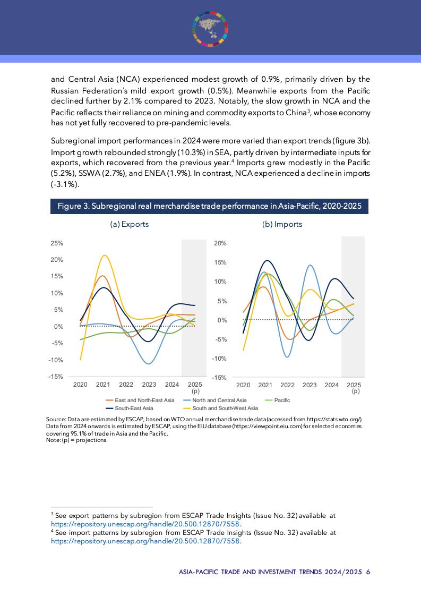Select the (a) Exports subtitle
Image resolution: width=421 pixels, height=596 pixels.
pos(129,224)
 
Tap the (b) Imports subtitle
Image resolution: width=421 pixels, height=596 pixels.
pos(282,224)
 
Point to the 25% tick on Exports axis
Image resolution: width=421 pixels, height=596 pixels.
pos(56,243)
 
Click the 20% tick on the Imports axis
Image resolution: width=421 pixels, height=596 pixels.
pos(220,243)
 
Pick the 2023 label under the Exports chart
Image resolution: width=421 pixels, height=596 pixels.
pos(149,385)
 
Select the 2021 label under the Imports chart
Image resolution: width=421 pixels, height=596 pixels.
pos(265,385)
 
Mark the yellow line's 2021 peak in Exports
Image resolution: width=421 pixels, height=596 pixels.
pos(105,256)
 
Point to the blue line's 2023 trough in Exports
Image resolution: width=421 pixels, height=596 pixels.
pos(149,364)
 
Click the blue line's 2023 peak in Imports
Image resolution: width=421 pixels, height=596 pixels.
pos(310,265)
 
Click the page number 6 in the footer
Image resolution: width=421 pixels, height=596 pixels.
pos(367,572)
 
